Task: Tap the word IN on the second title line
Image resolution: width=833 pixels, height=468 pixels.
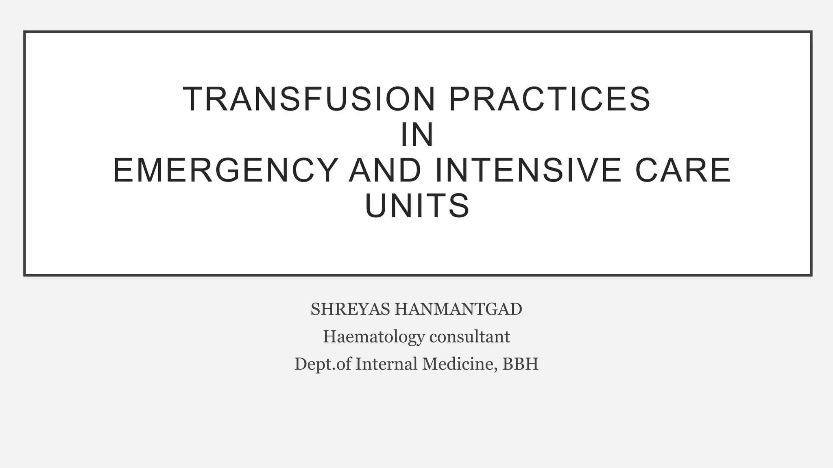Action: pos(417,135)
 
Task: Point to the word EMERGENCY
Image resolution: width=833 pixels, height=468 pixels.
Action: pos(225,171)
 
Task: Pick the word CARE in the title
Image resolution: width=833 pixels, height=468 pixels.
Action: pos(683,171)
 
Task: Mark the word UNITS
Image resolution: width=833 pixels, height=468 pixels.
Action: pos(417,206)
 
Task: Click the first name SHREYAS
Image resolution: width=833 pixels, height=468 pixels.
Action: pos(350,310)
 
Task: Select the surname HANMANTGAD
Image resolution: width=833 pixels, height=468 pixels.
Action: pos(458,310)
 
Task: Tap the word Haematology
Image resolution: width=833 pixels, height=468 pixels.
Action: pos(374,337)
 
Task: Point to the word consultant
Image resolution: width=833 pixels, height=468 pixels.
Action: pos(470,337)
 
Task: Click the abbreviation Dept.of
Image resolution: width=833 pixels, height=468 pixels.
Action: pos(323,364)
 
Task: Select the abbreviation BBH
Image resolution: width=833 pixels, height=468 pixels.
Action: pos(521,364)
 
